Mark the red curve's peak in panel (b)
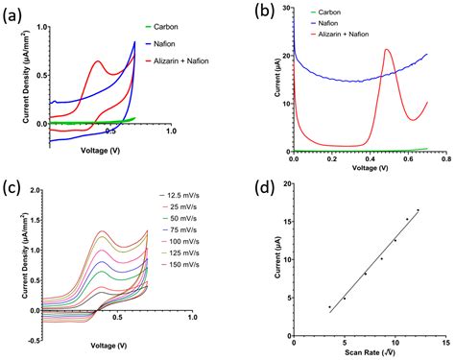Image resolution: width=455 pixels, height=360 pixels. (x=387, y=50)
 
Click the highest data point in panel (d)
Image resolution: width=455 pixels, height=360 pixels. (x=418, y=209)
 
